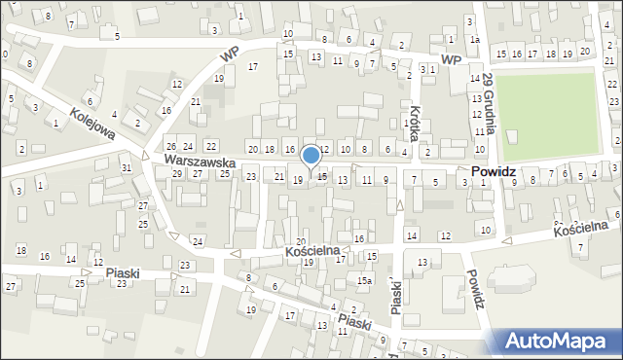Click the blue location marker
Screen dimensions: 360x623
pyautogui.click(x=311, y=156)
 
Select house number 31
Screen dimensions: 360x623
pyautogui.click(x=127, y=168)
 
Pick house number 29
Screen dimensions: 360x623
pyautogui.click(x=176, y=173)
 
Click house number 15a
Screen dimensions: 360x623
pyautogui.click(x=363, y=281)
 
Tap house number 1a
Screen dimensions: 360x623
pyautogui.click(x=474, y=40)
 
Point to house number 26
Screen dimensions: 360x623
pyautogui.click(x=170, y=146)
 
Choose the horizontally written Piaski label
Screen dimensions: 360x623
pyautogui.click(x=124, y=273)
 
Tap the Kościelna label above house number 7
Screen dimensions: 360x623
pyautogui.click(x=581, y=229)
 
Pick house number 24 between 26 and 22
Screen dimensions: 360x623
pyautogui.click(x=189, y=146)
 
